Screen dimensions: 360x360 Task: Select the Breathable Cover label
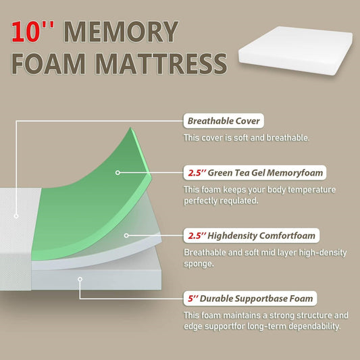coord(224,122)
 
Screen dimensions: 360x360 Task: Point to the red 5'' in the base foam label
coord(191,298)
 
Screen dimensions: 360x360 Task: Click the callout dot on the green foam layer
coord(118,173)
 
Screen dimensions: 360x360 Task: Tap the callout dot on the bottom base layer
coord(80,278)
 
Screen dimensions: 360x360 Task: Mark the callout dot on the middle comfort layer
coord(126,236)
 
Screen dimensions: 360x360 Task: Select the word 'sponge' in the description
coord(199,264)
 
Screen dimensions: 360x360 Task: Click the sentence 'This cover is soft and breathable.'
coord(247,138)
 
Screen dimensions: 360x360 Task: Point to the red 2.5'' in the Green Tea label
coord(195,172)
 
